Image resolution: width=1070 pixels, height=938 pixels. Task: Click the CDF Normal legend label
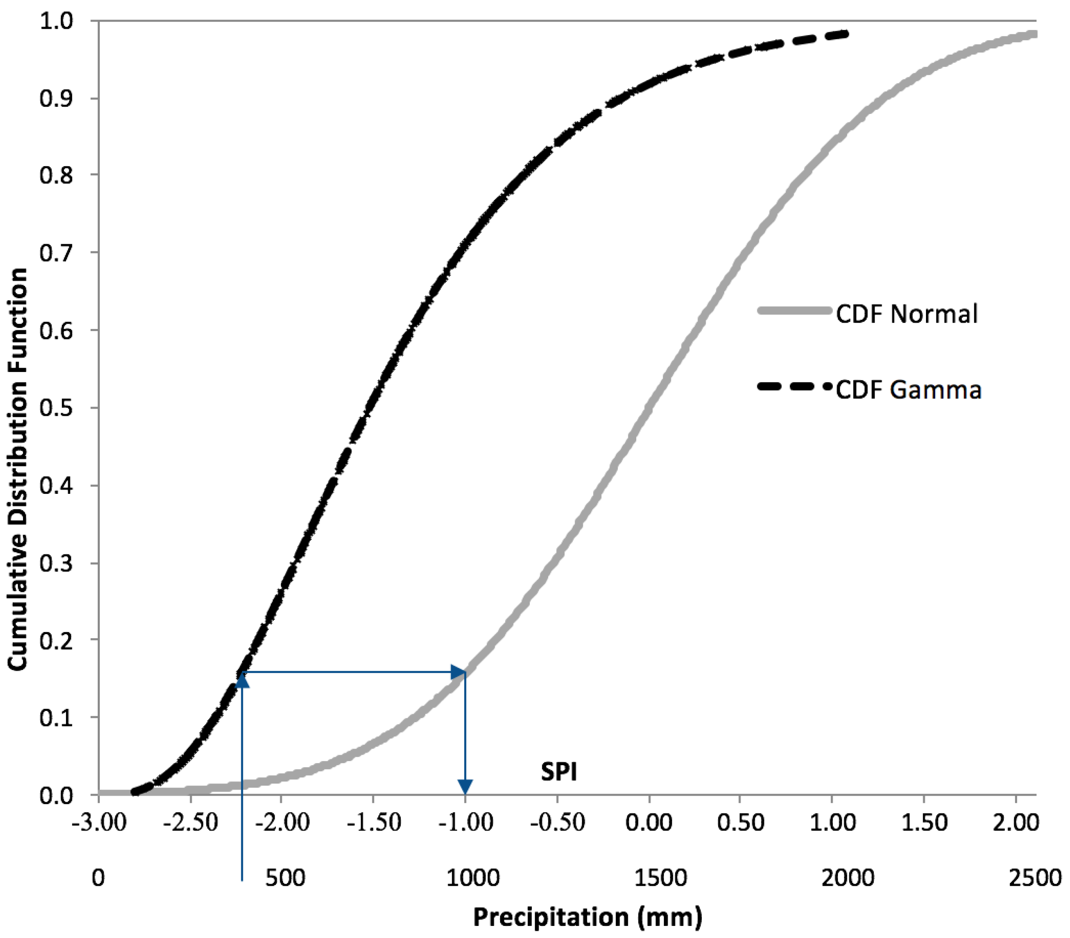906,314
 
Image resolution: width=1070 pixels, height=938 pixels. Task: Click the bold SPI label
559,772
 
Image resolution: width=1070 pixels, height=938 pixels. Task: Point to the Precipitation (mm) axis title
587,917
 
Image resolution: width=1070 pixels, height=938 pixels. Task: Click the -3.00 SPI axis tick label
99,823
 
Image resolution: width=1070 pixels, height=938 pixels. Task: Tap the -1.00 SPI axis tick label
465,823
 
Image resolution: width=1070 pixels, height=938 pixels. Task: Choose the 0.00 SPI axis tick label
649,823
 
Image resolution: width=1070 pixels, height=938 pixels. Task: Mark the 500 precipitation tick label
285,878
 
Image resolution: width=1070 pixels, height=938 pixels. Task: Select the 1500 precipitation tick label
660,878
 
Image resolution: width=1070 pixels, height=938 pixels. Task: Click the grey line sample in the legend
794,311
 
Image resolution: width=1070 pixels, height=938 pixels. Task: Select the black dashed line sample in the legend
794,387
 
